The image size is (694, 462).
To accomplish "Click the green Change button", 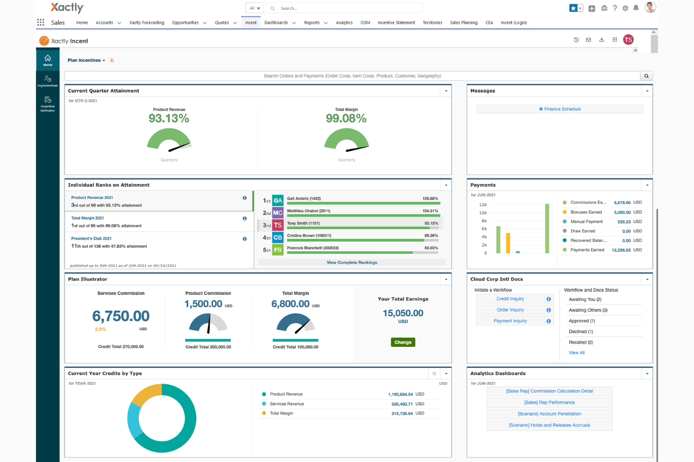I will click(403, 342).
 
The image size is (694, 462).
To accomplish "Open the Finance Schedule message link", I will click(559, 109).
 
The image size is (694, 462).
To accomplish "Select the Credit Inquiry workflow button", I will click(510, 299).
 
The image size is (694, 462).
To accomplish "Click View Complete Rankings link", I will click(352, 263).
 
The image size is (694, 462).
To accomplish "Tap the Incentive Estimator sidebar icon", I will click(47, 103).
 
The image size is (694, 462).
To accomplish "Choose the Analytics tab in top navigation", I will click(344, 22).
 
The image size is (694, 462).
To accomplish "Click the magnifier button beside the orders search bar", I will click(646, 76).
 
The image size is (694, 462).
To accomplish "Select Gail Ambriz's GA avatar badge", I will click(278, 200).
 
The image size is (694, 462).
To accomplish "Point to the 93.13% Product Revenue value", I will click(169, 119).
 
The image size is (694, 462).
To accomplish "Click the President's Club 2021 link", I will click(91, 238).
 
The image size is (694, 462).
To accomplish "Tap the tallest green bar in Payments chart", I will click(547, 228).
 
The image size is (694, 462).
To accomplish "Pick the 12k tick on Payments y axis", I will click(483, 205).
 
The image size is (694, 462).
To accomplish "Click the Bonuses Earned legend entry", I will click(586, 212).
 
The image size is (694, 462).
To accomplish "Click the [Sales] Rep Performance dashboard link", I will click(549, 403).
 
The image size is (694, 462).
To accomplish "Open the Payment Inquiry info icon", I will click(549, 321).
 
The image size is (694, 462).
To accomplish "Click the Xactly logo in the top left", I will click(67, 7).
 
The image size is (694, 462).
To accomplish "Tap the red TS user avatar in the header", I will click(628, 40).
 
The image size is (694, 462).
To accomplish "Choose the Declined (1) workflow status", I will click(581, 331).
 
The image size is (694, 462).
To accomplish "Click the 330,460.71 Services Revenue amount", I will click(402, 404).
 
